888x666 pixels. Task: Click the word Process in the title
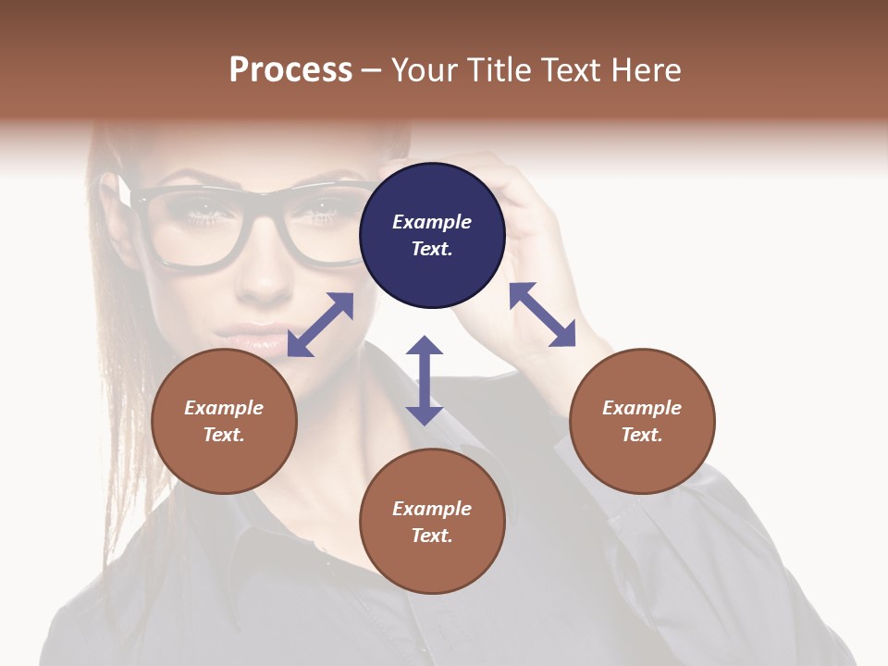pos(290,70)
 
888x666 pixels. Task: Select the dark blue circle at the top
pos(432,235)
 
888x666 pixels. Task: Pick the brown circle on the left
pos(224,421)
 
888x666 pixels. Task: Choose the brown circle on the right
pos(642,421)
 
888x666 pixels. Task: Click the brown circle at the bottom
pos(432,522)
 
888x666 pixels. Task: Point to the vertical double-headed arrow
pos(425,380)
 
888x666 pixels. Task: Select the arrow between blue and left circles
pos(320,325)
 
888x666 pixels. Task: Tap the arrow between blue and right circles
pos(542,314)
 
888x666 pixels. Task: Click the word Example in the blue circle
pos(432,222)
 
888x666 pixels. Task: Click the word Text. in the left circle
pos(224,435)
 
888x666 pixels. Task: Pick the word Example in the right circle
pos(642,408)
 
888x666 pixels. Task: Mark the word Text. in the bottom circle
pos(432,536)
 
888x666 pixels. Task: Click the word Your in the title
pos(425,70)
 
